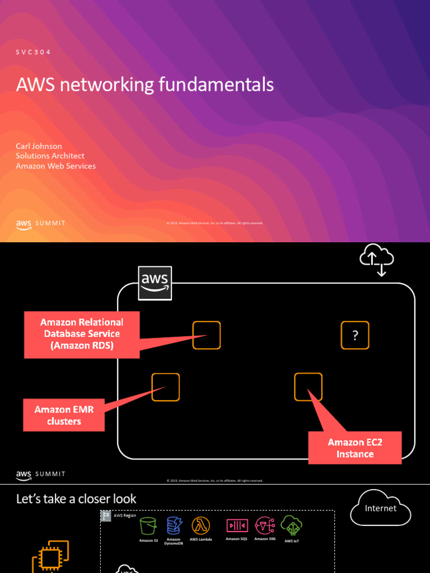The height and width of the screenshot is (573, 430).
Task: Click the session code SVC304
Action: pos(34,53)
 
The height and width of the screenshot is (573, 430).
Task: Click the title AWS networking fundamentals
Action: pos(145,84)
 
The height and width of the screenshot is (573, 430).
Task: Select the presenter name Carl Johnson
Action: pos(39,146)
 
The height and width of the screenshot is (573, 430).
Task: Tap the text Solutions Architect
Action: pos(50,156)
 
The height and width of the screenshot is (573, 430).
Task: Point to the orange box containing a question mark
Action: pos(355,335)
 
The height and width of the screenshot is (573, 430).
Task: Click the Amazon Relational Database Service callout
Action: pos(82,334)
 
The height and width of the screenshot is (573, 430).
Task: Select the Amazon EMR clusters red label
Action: pos(64,415)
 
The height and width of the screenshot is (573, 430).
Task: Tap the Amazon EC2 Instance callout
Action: pos(355,448)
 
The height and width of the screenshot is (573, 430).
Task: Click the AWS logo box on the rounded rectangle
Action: pos(155,283)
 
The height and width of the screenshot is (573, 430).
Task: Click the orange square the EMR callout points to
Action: pos(166,387)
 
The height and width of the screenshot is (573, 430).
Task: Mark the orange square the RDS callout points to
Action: pos(207,335)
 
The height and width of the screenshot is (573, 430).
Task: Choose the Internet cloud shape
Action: pos(381,509)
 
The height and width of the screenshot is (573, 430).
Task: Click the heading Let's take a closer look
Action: pos(76,499)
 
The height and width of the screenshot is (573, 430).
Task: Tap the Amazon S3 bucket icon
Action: pos(148,526)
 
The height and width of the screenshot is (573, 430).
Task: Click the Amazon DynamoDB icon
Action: pos(174,525)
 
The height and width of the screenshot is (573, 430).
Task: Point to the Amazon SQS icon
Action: pos(236,525)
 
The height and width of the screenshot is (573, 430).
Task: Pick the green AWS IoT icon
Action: pos(291,526)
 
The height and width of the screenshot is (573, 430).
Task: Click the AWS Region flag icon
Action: pos(106,516)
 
